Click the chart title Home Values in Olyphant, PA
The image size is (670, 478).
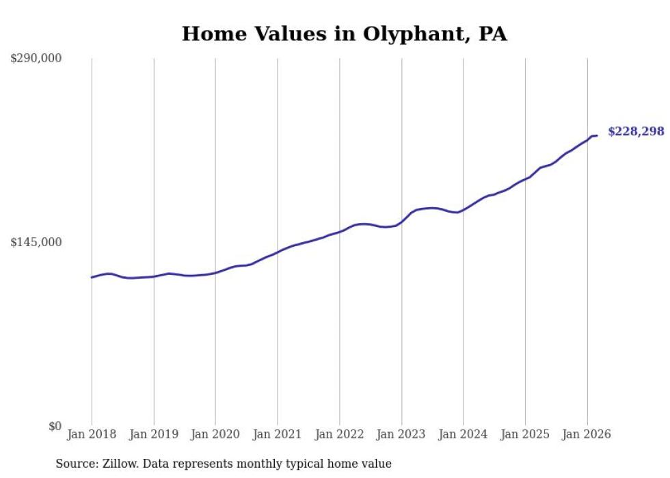(344, 34)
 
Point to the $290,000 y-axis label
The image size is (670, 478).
(36, 59)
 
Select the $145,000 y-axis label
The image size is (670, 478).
(36, 242)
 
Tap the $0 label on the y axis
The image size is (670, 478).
(55, 426)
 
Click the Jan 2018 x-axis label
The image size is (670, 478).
(92, 434)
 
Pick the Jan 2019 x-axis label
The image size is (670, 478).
(154, 434)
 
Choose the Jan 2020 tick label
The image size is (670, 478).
(215, 434)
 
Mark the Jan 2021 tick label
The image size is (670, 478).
(278, 434)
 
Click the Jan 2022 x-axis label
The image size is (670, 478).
(339, 434)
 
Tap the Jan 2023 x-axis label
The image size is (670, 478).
(401, 434)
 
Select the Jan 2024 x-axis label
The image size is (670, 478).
(463, 434)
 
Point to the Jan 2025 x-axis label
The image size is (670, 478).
(525, 434)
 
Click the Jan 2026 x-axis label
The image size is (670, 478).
(587, 434)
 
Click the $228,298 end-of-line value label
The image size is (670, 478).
(636, 131)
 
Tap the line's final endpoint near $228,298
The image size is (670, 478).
(597, 135)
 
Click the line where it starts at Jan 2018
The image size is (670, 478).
(92, 277)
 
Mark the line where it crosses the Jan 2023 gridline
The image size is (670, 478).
(401, 222)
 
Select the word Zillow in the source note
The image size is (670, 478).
(120, 464)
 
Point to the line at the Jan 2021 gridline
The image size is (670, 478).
(278, 252)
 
